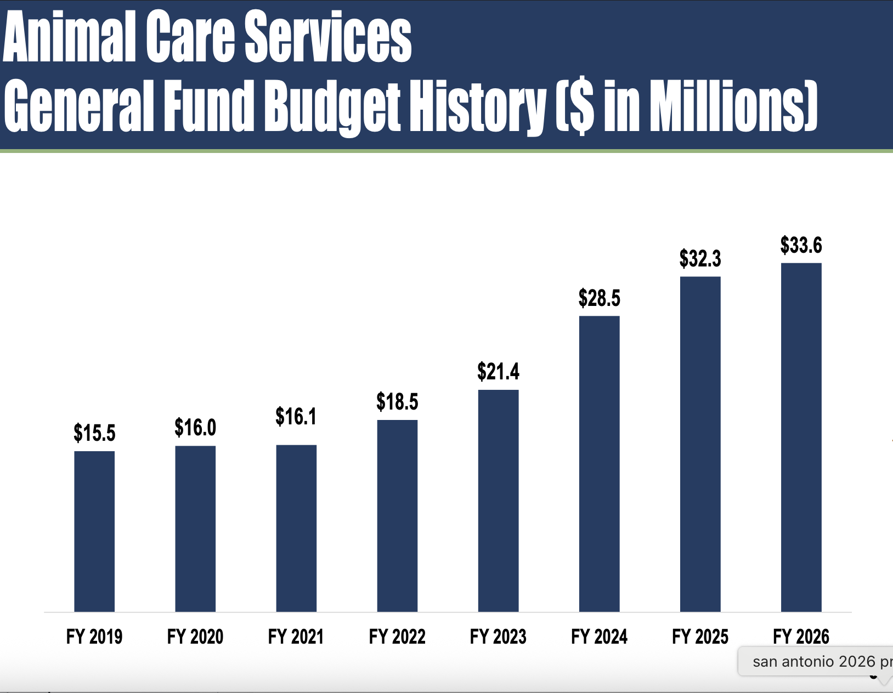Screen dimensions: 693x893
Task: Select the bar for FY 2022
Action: click(397, 515)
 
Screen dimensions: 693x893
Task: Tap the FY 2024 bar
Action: click(599, 463)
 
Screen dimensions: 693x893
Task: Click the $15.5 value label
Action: click(94, 433)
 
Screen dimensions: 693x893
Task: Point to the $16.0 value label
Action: click(195, 428)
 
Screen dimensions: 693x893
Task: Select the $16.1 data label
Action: click(296, 417)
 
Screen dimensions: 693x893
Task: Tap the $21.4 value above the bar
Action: click(498, 372)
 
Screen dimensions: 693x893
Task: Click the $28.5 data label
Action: click(599, 298)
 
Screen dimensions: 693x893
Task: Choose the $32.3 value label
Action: click(700, 258)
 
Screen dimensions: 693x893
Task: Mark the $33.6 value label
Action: click(801, 245)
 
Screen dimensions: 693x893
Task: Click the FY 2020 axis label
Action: click(195, 637)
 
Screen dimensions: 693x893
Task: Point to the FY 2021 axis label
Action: click(296, 637)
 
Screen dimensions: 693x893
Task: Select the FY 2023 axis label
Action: click(498, 637)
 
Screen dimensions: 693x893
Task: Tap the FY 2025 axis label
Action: click(700, 637)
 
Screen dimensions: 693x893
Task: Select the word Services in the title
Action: click(327, 37)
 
